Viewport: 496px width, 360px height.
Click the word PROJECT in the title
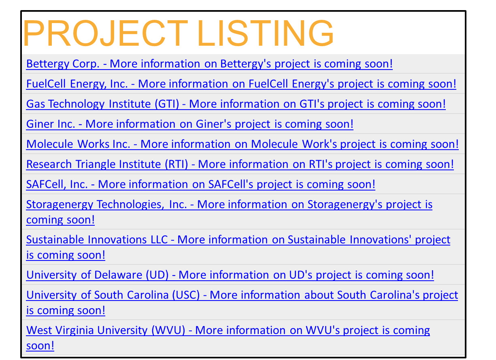click(106, 33)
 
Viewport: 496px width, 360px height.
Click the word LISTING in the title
click(265, 33)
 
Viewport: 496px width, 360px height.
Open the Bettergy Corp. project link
click(209, 64)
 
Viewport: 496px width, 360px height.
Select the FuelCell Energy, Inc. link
click(241, 84)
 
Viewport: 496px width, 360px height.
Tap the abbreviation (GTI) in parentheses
click(167, 104)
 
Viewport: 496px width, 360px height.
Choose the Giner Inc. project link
click(190, 124)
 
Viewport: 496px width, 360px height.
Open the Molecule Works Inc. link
click(242, 144)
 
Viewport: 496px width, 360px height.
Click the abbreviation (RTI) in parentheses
click(176, 164)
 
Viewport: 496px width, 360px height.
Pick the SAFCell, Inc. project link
click(200, 184)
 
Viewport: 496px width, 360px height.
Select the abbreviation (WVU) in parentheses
click(168, 330)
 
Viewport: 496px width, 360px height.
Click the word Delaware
click(118, 275)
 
